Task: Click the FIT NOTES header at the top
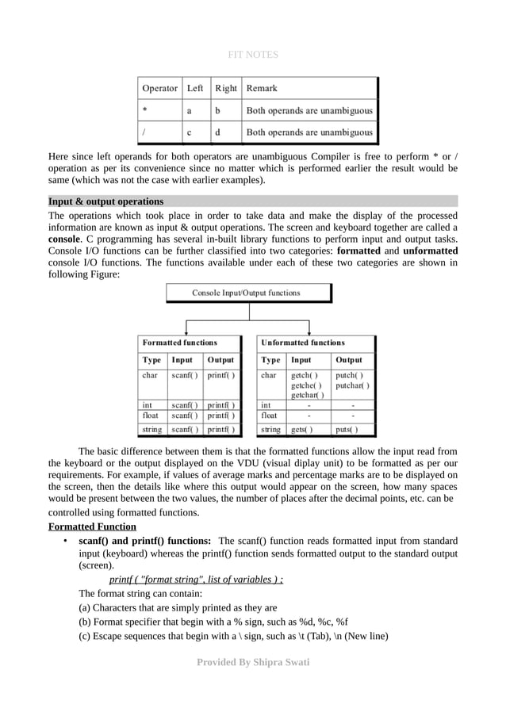(x=252, y=55)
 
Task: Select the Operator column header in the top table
(x=159, y=88)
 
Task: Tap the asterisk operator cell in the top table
(x=144, y=110)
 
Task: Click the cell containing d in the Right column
(x=218, y=132)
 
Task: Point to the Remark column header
(x=262, y=88)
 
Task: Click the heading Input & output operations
(x=105, y=201)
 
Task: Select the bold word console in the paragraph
(x=63, y=238)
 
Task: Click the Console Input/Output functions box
(x=247, y=293)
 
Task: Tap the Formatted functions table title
(x=179, y=343)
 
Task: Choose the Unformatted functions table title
(x=303, y=343)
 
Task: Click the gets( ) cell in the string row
(x=301, y=430)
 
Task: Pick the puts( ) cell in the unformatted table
(x=347, y=430)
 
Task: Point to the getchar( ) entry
(x=307, y=395)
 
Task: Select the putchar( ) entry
(x=352, y=385)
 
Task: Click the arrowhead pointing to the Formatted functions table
(x=186, y=331)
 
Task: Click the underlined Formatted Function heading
(x=92, y=527)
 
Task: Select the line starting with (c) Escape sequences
(x=232, y=636)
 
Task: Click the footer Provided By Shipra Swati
(x=252, y=662)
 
